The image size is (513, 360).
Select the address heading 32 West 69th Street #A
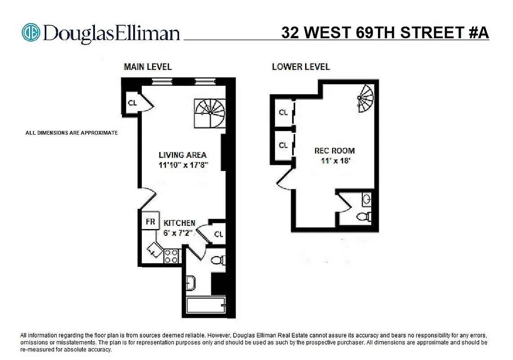[x=385, y=33]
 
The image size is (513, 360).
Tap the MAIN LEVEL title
[x=148, y=67]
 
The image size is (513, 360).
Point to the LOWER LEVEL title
[x=301, y=67]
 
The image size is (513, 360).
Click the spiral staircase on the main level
[x=210, y=112]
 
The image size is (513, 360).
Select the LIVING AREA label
[x=182, y=155]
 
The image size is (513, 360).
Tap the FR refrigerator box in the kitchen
[x=150, y=221]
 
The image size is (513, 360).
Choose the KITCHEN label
[x=179, y=223]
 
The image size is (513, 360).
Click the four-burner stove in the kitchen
[x=171, y=256]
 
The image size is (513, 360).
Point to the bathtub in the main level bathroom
[x=206, y=306]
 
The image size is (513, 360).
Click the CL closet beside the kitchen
[x=218, y=234]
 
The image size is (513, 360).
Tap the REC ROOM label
[x=334, y=151]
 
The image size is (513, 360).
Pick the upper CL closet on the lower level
[x=283, y=112]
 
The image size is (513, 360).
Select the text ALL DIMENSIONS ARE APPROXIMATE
[x=72, y=133]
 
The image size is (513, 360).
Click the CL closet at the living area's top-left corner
[x=132, y=102]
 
